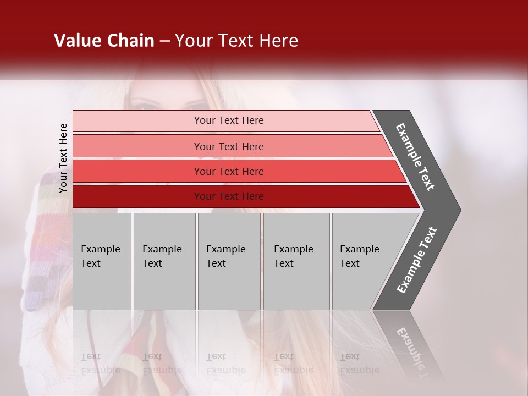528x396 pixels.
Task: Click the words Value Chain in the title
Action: pos(104,41)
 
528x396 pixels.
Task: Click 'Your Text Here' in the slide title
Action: pos(237,41)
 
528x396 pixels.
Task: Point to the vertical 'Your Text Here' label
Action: pos(63,158)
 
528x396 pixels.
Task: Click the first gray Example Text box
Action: pos(102,261)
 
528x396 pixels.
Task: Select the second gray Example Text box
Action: pos(164,261)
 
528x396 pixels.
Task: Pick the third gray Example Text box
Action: pos(229,261)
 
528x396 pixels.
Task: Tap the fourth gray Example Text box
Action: pos(296,261)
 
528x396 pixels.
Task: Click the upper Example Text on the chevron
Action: pos(415,157)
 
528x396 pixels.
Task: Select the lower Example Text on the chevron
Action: pos(417,260)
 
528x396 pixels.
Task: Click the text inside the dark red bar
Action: pos(229,196)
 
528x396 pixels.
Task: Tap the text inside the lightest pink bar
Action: pos(229,120)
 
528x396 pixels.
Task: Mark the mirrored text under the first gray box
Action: pos(100,363)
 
